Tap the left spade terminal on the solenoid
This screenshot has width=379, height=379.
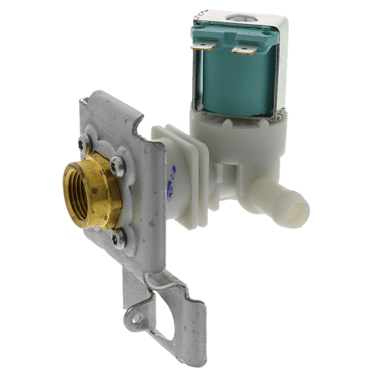201,47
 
